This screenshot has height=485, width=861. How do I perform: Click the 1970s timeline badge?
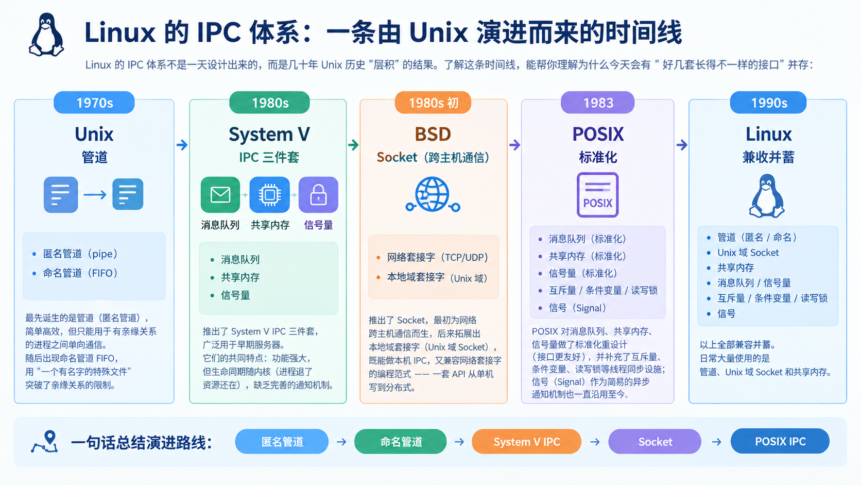tap(94, 103)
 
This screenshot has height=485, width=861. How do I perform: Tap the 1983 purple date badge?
tap(598, 103)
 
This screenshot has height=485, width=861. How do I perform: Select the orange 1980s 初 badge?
tap(433, 103)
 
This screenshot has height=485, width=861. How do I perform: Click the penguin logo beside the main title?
tap(46, 35)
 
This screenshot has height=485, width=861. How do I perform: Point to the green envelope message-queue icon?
tap(220, 195)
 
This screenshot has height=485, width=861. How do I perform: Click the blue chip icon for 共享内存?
tap(269, 195)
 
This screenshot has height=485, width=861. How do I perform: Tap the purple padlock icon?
tap(318, 195)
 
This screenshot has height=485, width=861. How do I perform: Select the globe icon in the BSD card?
tap(433, 194)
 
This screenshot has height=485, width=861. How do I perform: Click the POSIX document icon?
tap(598, 195)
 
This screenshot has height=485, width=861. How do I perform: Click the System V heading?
tap(269, 134)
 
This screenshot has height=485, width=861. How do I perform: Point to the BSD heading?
tap(433, 134)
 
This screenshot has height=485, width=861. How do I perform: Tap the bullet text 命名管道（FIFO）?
tap(80, 273)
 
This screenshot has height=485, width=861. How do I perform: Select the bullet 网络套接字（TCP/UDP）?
tap(437, 257)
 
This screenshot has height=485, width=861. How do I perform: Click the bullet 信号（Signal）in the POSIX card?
tap(577, 308)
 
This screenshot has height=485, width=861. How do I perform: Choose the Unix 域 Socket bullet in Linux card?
tap(748, 253)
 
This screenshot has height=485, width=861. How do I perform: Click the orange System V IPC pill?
tap(527, 442)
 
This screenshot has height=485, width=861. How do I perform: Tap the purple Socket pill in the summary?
tap(655, 442)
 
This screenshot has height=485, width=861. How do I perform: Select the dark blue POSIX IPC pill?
tap(780, 441)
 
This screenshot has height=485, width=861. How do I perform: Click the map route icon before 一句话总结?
tap(45, 442)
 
